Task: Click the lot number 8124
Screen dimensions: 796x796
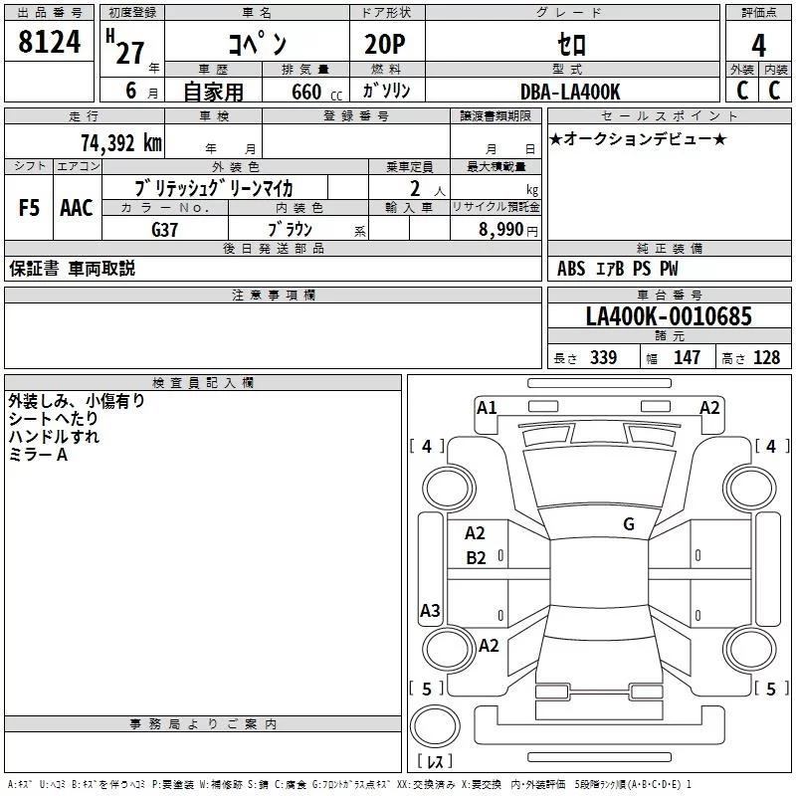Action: pyautogui.click(x=49, y=43)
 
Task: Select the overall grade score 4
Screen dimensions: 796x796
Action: pyautogui.click(x=759, y=45)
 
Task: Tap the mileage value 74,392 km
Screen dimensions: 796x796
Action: pyautogui.click(x=120, y=142)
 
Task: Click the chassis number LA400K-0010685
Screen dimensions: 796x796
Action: pyautogui.click(x=669, y=317)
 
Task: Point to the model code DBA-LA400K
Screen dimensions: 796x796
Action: pyautogui.click(x=570, y=92)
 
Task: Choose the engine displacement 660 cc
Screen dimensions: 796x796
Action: pyautogui.click(x=306, y=93)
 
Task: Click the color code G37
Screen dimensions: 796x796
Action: pyautogui.click(x=164, y=229)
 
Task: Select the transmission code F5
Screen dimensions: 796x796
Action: pyautogui.click(x=30, y=208)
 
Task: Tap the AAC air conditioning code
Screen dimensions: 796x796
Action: pyautogui.click(x=77, y=208)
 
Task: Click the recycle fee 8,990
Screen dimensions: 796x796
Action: pyautogui.click(x=494, y=230)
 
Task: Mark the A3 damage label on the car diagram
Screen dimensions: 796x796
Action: pyautogui.click(x=430, y=611)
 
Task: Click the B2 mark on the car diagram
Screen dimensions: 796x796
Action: pyautogui.click(x=477, y=558)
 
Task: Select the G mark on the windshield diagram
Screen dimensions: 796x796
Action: pyautogui.click(x=629, y=524)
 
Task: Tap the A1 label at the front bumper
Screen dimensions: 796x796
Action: pyautogui.click(x=487, y=407)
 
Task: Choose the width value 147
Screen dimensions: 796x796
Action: pyautogui.click(x=688, y=358)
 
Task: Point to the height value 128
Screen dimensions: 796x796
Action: pyautogui.click(x=766, y=358)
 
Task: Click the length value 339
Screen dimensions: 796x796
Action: pyautogui.click(x=603, y=358)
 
